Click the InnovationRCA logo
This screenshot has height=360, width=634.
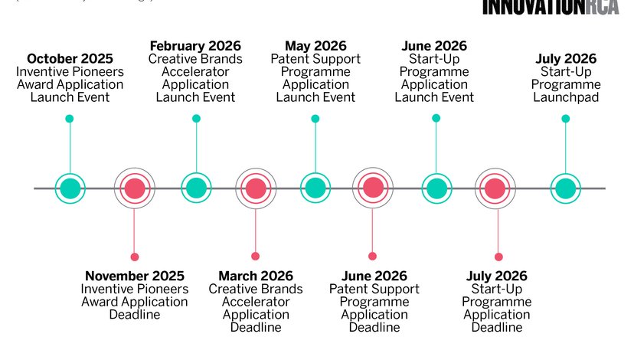coord(551,7)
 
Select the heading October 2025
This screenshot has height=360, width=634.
coord(70,59)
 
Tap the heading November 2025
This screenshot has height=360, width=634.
coord(135,276)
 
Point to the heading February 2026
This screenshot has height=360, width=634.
coord(196,46)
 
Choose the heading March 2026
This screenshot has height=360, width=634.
coord(256,276)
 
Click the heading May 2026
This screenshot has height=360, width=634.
coord(315,46)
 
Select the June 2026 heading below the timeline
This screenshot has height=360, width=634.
coord(374,276)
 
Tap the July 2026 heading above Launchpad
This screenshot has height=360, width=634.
coord(566,59)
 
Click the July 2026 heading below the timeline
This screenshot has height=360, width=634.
coord(497,276)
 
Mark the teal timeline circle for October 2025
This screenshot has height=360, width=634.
coord(70,188)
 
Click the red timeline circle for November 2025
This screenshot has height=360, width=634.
coord(135,188)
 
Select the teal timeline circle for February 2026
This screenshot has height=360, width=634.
coord(196,188)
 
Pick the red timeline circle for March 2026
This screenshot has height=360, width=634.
coord(256,188)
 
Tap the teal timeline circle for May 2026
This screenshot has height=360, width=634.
coord(315,188)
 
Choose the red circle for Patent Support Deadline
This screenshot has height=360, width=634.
coord(373,188)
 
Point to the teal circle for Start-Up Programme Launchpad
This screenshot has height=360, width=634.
coord(565,188)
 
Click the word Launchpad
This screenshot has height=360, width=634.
coord(566,97)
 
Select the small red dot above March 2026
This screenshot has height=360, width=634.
coord(255,256)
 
